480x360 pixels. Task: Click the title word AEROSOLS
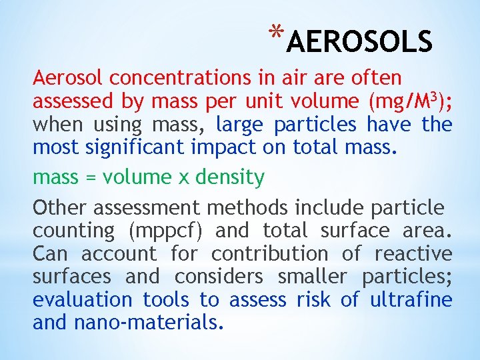tap(361, 42)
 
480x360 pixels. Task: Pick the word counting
tap(73, 231)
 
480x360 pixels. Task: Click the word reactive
tap(413, 254)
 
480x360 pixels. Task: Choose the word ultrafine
tap(411, 300)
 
